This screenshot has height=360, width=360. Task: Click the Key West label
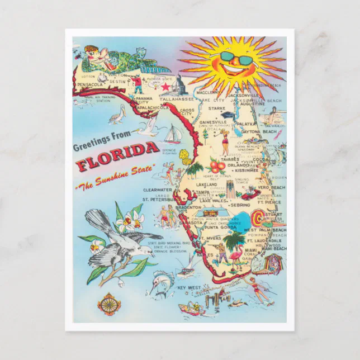[189, 288]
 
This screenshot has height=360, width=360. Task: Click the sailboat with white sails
[172, 135]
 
